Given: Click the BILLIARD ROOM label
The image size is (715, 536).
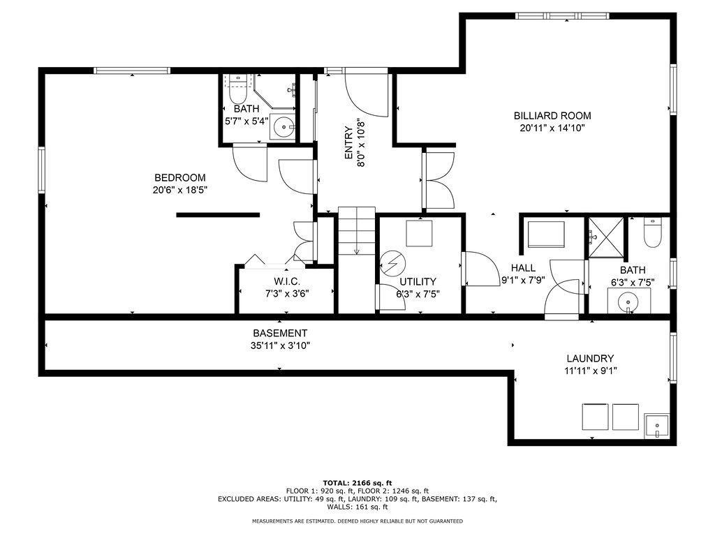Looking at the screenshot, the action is coord(552,116).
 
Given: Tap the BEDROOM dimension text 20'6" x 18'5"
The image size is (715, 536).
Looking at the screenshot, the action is coord(180,190).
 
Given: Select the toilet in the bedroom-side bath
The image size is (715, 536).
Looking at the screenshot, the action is coord(237,89).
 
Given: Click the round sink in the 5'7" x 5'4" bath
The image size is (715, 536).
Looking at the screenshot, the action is coord(286,127).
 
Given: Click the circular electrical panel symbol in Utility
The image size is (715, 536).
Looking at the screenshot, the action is coord(392,263).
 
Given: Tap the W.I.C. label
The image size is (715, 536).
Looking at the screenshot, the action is coord(287,282).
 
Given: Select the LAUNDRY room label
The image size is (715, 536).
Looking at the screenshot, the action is coord(590,359).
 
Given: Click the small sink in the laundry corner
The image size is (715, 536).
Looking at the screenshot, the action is coord(656,426).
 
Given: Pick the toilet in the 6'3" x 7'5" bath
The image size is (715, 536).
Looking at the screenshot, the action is coord(652,232).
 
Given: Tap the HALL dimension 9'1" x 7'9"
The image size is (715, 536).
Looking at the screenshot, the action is coord(523,281).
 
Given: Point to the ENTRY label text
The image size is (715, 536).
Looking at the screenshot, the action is coord(348,142).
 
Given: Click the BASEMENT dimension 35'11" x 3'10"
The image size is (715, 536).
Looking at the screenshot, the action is coord(281,345).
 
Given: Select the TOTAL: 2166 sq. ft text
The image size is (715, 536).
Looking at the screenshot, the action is coord(357,483).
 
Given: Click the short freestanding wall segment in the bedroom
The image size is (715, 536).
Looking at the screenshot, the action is coord(218,215).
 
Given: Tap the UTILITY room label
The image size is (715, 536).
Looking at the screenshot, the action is coord(418,282).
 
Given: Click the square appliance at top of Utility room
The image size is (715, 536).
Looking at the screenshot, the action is coord(419,233).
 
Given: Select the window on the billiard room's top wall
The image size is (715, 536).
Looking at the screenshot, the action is coord(562,16).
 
